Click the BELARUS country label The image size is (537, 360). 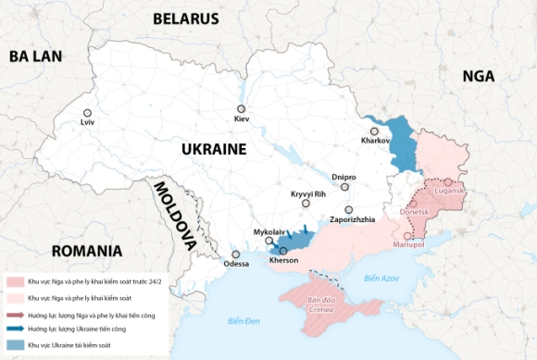coord(185,19)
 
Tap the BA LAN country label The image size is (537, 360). coord(35,56)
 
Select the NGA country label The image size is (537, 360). coord(479,76)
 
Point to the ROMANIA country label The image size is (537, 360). coord(87,251)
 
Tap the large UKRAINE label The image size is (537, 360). coord(213,149)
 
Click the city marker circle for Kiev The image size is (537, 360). coord(242,109)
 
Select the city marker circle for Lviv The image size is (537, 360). coord(87,113)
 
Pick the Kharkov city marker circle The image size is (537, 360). coord(375,131)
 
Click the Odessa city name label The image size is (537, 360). coord(236,264)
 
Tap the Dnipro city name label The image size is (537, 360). coord(343,175)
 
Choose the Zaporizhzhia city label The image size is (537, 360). coord(352,220)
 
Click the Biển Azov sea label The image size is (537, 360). coord(381,278)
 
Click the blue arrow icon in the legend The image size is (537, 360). coord(16,329)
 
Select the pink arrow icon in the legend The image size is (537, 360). coord(16,315)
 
